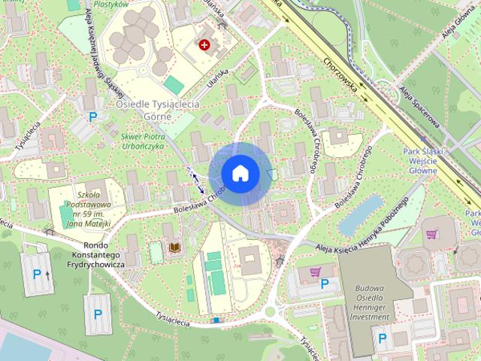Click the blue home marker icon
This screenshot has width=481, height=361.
239,174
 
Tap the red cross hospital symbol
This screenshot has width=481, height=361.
204,45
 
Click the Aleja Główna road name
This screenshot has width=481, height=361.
459,26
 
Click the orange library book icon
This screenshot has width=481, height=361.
174,247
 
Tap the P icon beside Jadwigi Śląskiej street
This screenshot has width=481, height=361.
94,117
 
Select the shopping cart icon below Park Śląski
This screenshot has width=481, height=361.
431,234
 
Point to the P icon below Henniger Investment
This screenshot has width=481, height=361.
382,339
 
